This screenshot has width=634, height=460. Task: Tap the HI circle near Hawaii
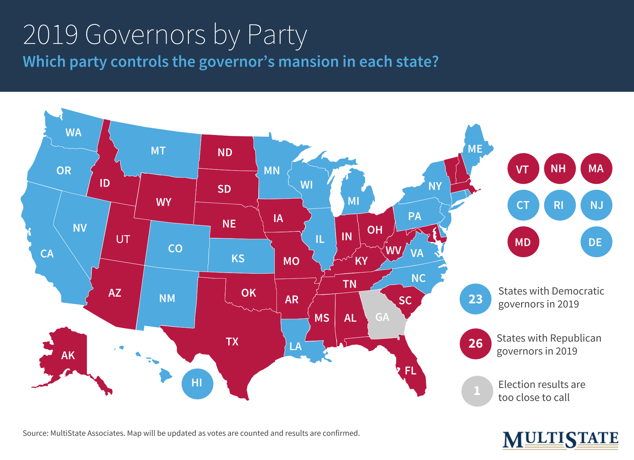click(x=197, y=383)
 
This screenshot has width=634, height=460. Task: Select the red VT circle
click(x=522, y=169)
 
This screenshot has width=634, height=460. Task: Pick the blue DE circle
click(x=596, y=242)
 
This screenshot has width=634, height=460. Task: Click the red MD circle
click(x=523, y=242)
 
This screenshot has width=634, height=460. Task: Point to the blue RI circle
click(x=559, y=205)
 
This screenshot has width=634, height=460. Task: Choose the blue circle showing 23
click(x=476, y=299)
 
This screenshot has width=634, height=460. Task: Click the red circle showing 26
click(x=476, y=343)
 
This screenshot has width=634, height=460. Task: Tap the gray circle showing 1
click(x=477, y=391)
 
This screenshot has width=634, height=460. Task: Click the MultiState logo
click(x=560, y=440)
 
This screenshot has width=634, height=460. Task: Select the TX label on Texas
click(x=232, y=341)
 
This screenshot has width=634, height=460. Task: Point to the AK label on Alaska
click(x=68, y=355)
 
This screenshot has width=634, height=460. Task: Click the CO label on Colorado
click(x=175, y=248)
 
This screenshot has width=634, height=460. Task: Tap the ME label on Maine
click(x=475, y=149)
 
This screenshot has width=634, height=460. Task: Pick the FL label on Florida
click(x=411, y=371)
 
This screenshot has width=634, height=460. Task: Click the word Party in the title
click(x=277, y=35)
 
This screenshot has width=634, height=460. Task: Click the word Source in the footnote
click(x=35, y=433)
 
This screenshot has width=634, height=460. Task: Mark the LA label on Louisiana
click(x=295, y=347)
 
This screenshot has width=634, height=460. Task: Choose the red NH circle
click(x=558, y=168)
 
